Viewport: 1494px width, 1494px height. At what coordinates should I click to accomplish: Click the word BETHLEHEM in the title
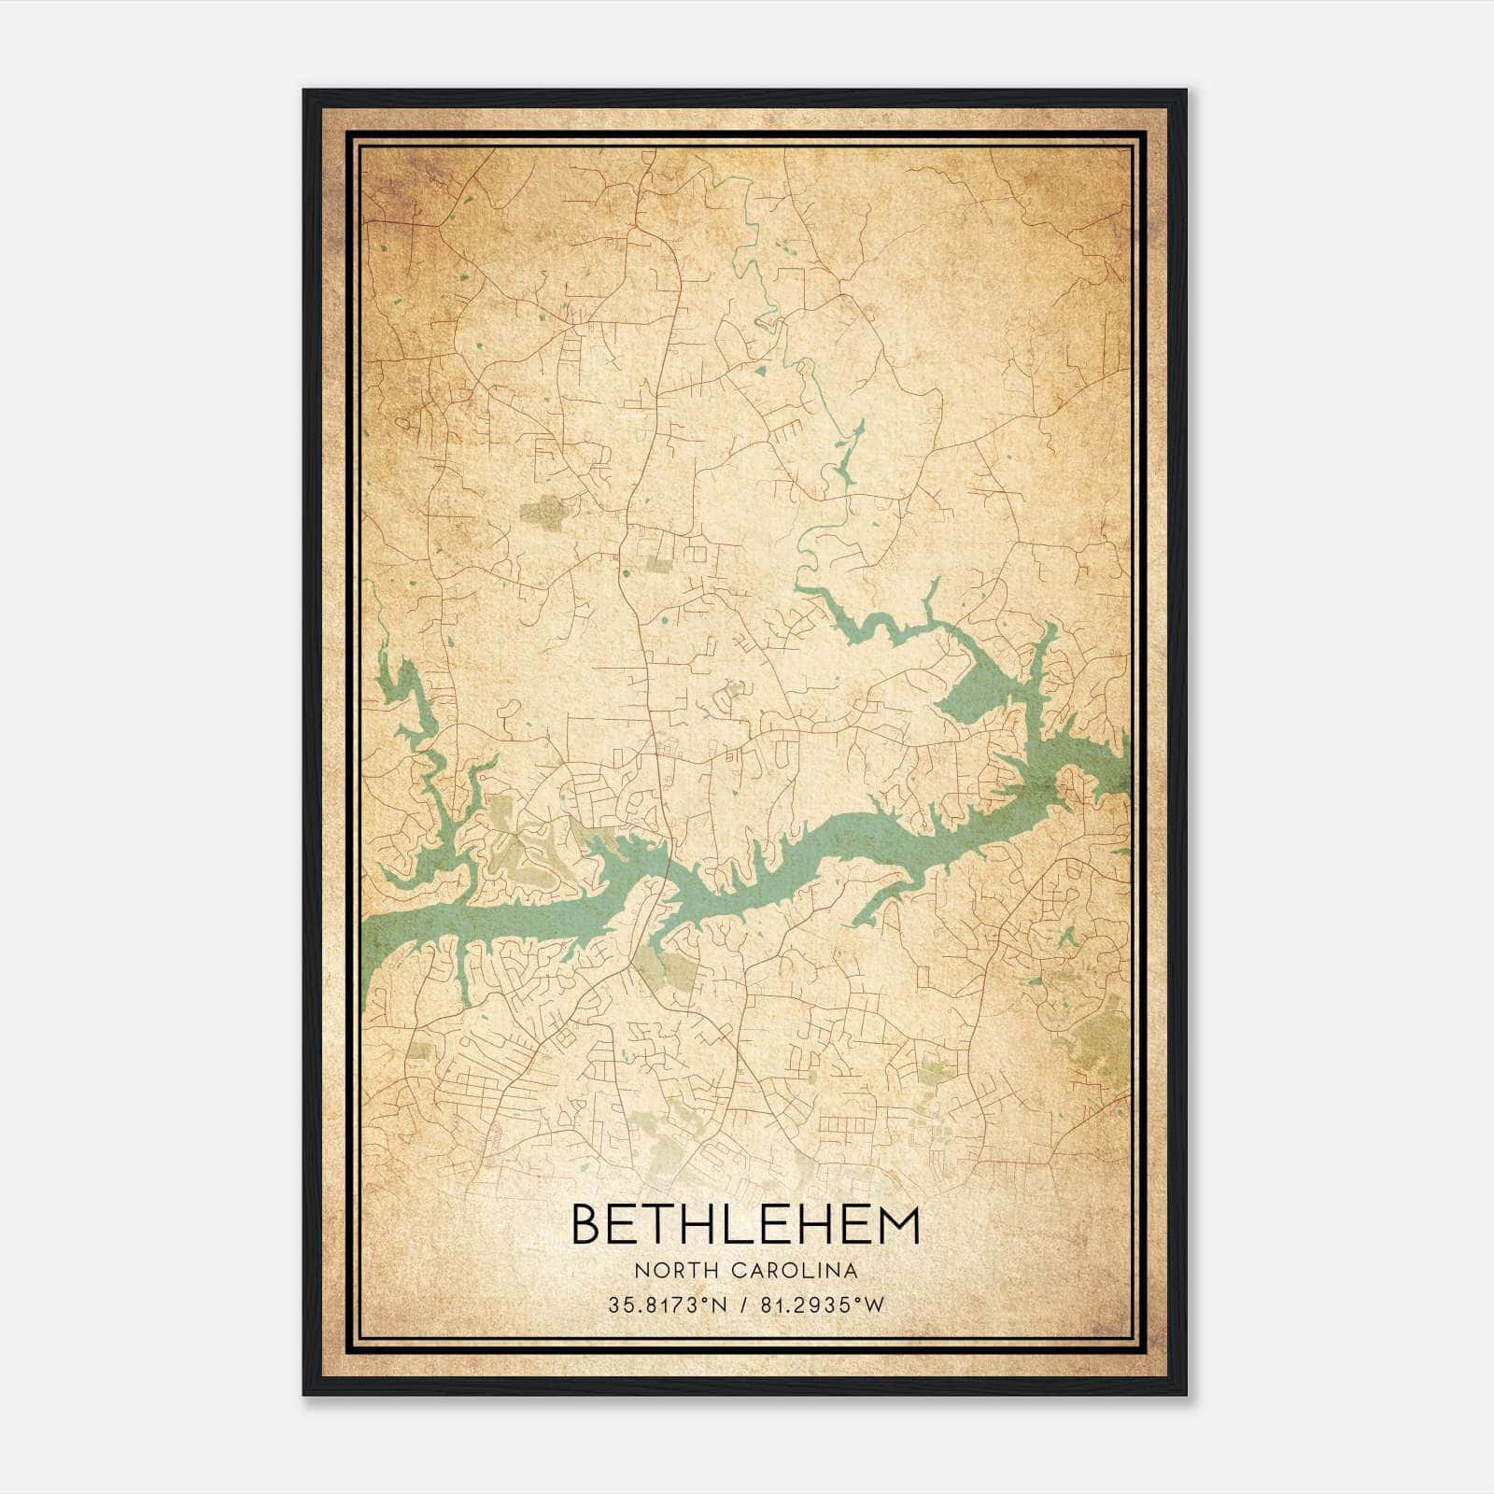point(744,1224)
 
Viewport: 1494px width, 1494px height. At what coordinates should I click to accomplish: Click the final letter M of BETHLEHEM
point(901,1224)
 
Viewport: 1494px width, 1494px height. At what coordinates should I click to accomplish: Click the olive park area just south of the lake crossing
point(674,971)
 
